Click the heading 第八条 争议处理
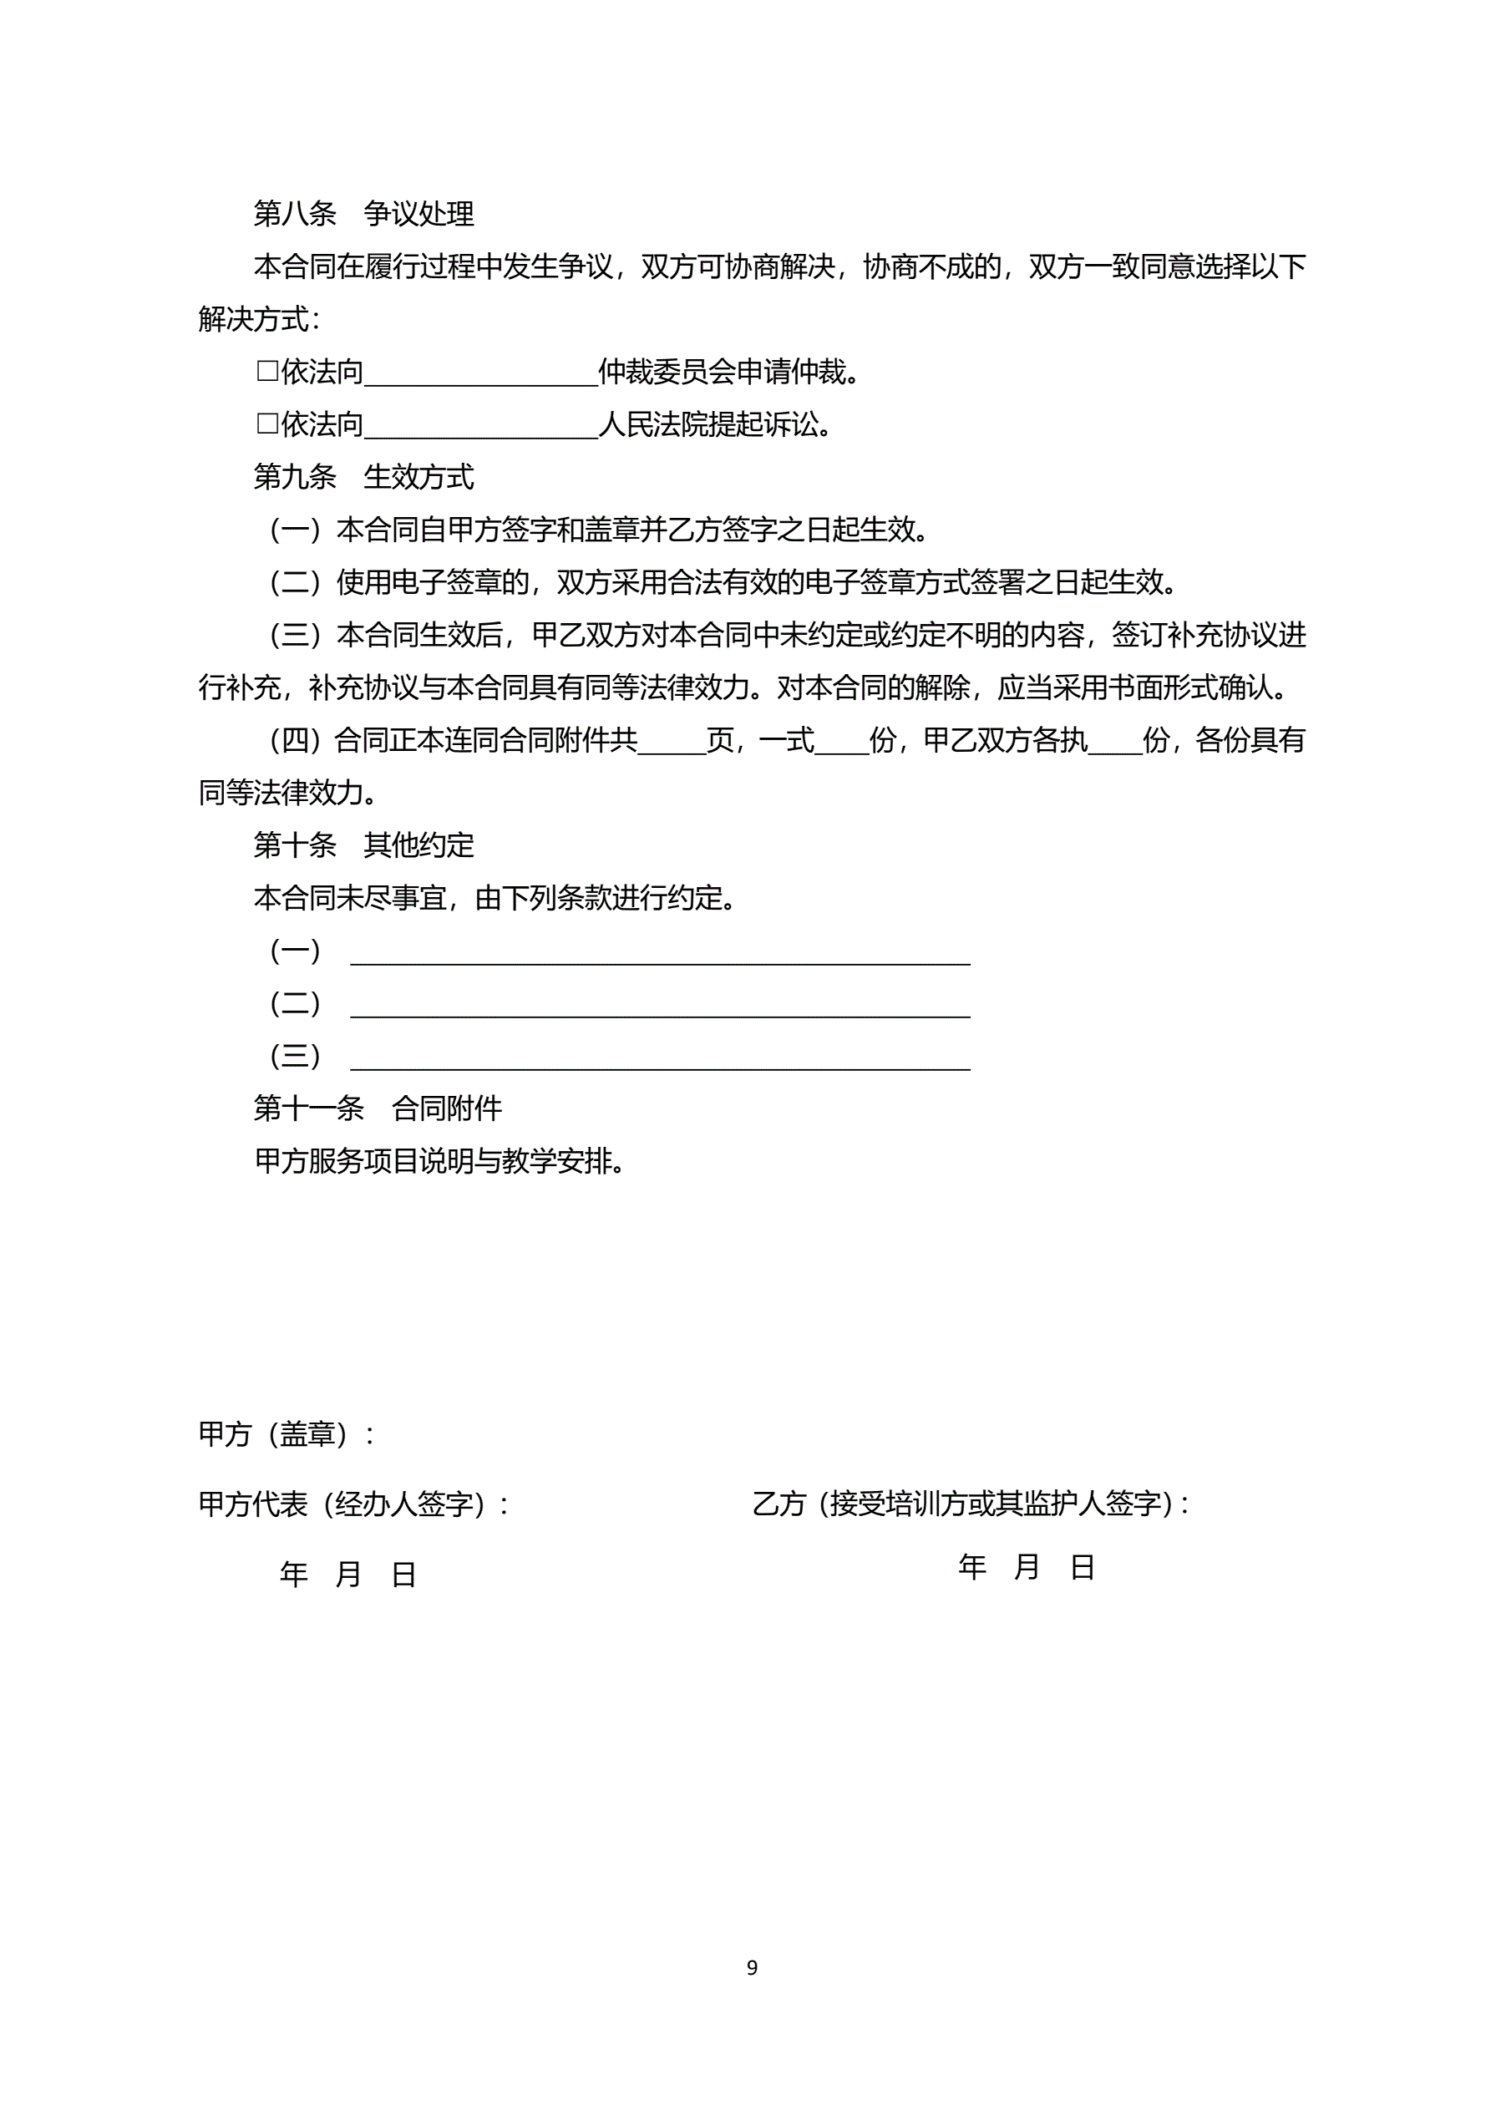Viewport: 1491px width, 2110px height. [363, 214]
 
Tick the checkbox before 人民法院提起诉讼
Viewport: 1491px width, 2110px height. [266, 424]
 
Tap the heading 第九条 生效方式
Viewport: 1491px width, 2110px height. [363, 477]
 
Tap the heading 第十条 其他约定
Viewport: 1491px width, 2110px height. [363, 845]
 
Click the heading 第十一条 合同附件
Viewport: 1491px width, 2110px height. [377, 1108]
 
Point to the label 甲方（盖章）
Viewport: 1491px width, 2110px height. [285, 1433]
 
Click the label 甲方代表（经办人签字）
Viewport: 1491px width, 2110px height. [354, 1504]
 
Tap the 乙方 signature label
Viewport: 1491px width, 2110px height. [970, 1504]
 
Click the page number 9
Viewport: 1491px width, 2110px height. [752, 1967]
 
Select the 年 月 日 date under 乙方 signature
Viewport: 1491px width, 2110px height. [1026, 1567]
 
